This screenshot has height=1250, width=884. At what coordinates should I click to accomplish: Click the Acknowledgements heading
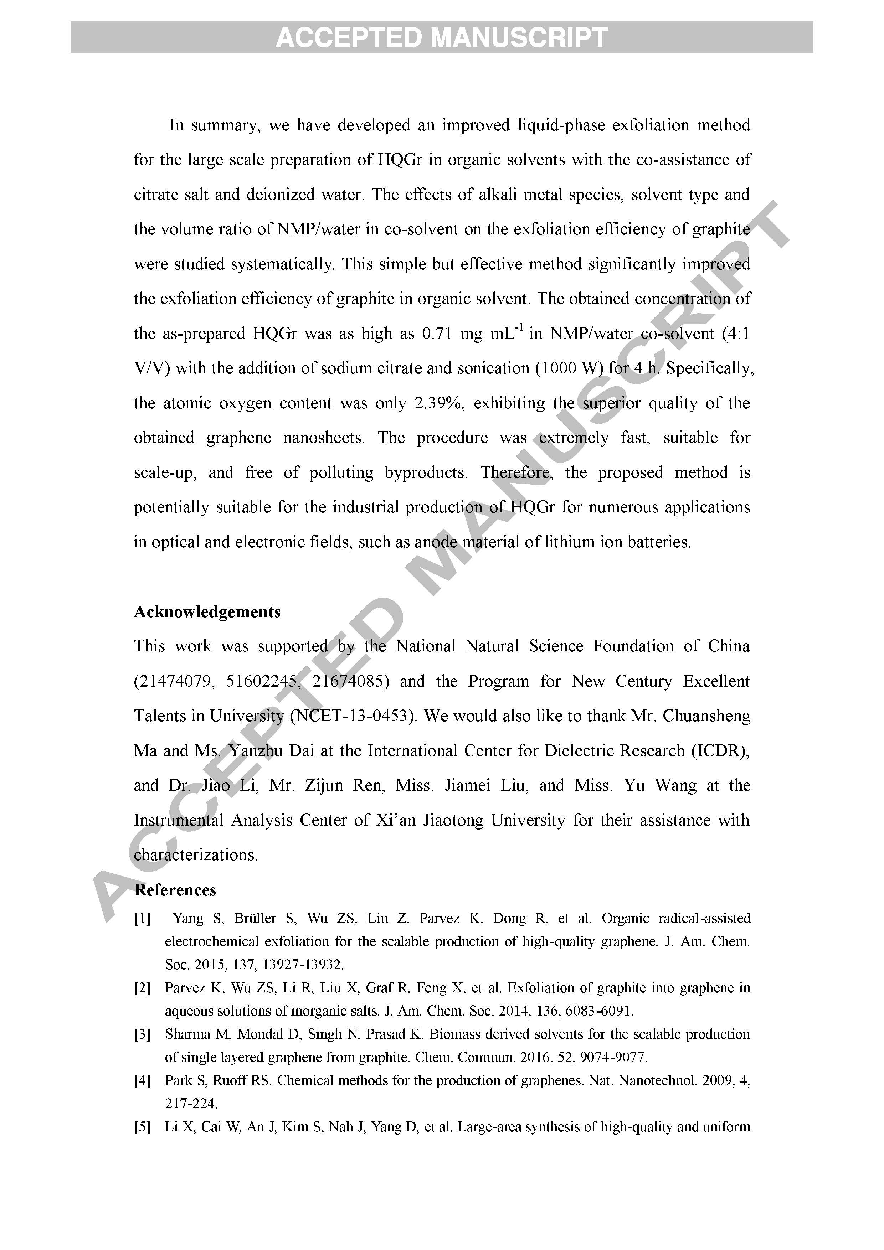point(207,612)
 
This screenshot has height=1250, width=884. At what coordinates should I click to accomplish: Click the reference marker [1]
point(142,919)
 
